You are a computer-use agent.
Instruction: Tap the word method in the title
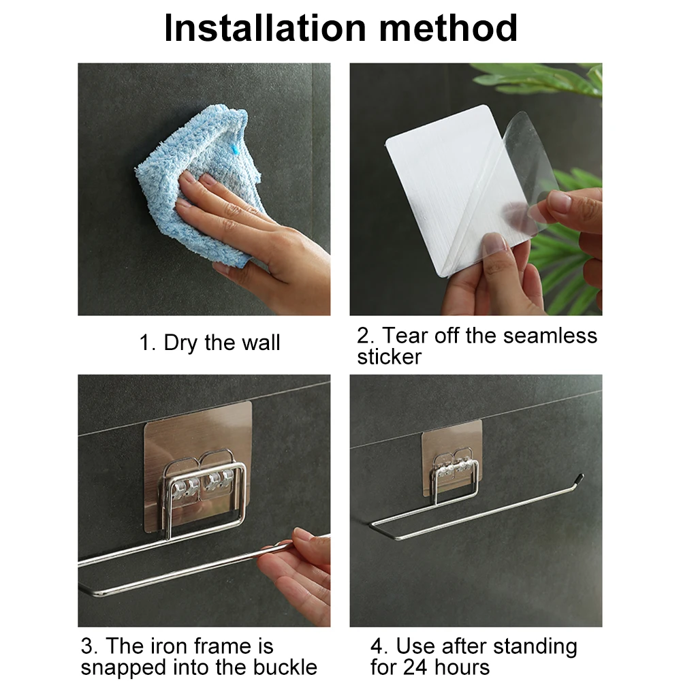[448, 28]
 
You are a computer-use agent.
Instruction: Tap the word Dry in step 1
[180, 343]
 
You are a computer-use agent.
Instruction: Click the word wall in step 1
[261, 343]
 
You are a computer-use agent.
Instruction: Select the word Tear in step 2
[406, 336]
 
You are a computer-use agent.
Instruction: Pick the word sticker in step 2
[389, 357]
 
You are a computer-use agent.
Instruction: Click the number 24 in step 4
[415, 667]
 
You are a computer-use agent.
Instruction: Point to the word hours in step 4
[462, 667]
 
